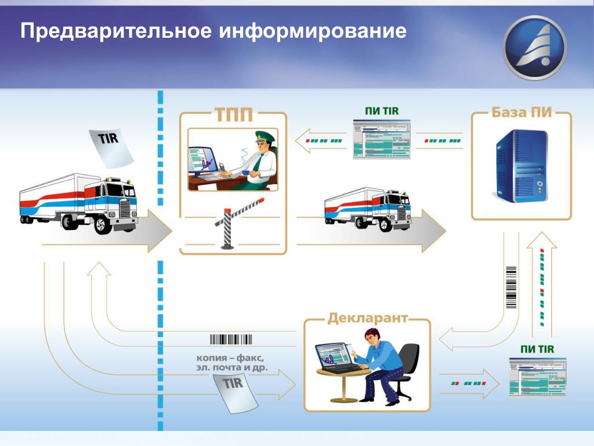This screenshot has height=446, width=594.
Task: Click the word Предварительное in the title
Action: click(x=116, y=31)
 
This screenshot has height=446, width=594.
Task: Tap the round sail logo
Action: click(x=534, y=48)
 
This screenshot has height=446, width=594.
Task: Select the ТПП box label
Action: click(x=234, y=114)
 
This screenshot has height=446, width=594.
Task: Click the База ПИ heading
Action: click(x=521, y=112)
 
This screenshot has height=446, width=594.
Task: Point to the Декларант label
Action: click(x=368, y=318)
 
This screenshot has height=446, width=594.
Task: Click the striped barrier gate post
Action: click(x=227, y=228)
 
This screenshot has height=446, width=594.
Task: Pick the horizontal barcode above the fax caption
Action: click(x=231, y=339)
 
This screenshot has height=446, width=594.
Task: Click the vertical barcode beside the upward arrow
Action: click(x=512, y=287)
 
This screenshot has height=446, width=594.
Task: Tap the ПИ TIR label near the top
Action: click(x=382, y=111)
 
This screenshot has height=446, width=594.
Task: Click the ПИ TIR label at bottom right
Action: click(x=537, y=349)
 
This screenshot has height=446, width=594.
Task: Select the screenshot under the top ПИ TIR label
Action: click(x=382, y=139)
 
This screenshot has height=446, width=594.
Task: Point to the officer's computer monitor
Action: click(x=202, y=161)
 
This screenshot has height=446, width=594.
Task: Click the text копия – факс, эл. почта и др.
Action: click(x=231, y=362)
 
